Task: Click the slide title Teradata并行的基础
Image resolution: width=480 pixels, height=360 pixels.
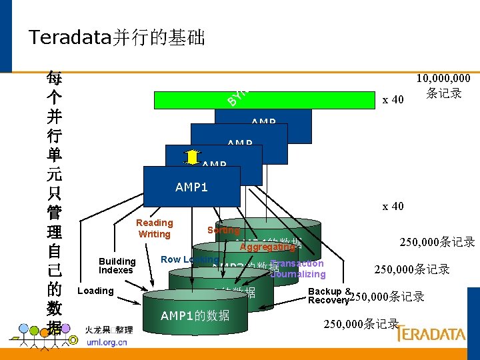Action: [x=117, y=37]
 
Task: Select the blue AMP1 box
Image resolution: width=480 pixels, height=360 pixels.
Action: [x=192, y=187]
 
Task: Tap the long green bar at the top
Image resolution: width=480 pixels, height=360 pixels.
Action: [x=264, y=99]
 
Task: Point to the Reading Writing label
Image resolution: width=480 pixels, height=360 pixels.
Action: [x=154, y=228]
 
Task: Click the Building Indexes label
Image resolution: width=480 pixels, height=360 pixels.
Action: [x=117, y=265]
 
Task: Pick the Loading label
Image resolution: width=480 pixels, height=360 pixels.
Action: [x=95, y=291]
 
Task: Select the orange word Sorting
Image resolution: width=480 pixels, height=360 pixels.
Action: [x=223, y=230]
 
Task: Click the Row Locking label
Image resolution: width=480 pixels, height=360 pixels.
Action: [x=190, y=259]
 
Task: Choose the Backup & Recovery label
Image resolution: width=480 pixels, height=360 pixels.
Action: [x=329, y=296]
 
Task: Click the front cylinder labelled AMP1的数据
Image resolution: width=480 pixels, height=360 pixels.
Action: [x=195, y=315]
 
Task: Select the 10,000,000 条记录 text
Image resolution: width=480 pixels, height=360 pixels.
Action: [x=443, y=86]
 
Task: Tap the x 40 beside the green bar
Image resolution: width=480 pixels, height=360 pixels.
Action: [x=393, y=100]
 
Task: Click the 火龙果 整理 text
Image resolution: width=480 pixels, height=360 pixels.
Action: [x=109, y=329]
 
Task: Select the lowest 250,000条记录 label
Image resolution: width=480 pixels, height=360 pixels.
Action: [x=361, y=325]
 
